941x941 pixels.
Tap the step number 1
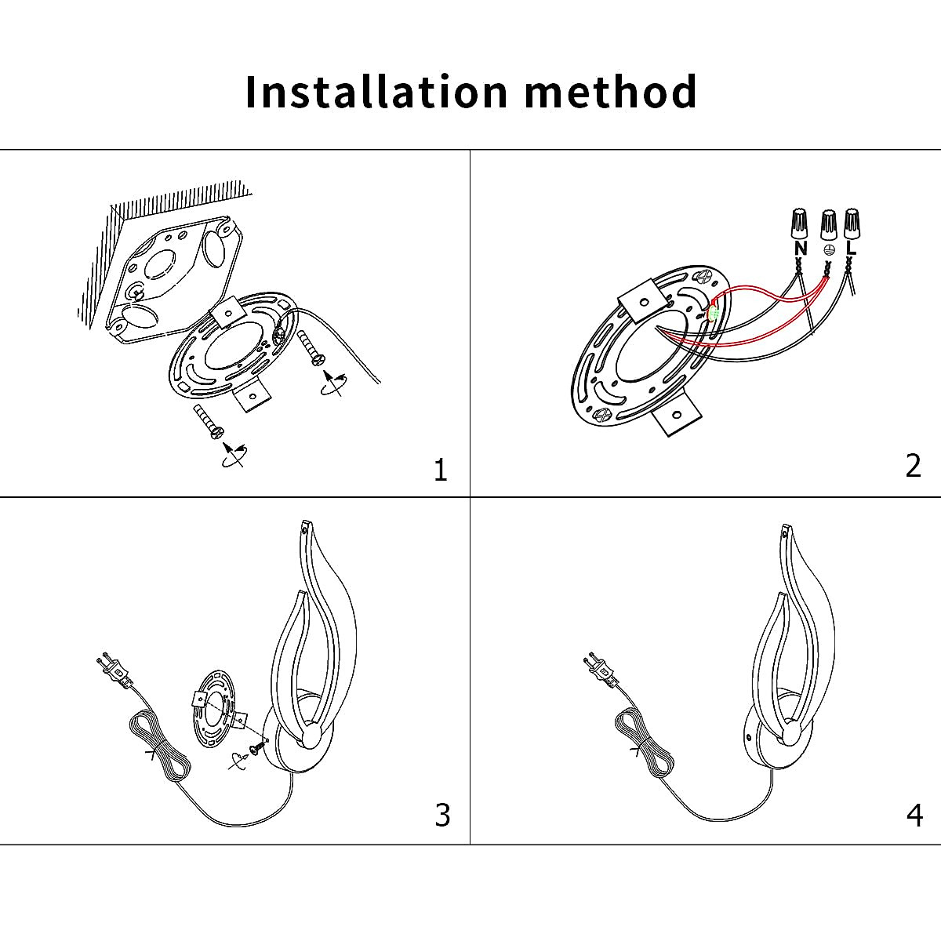pos(440,470)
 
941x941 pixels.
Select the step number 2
pos(913,466)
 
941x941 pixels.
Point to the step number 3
pos(442,816)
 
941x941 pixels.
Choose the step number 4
pos(914,816)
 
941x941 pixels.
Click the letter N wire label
pos(800,249)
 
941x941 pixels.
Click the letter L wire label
pos(852,249)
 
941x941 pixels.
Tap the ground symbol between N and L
pos(829,249)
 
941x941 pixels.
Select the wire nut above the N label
pos(799,223)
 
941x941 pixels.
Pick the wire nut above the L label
pos(852,223)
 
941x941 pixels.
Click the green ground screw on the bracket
pos(714,314)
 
